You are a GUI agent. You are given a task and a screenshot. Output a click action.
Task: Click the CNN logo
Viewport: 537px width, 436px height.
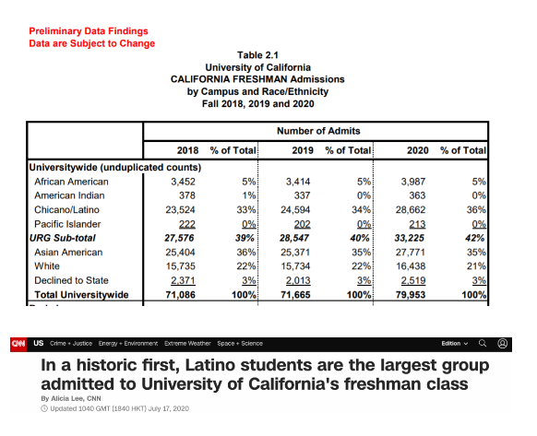coord(18,344)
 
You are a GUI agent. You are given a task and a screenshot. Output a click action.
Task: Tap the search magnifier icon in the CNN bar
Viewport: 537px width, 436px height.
coord(483,343)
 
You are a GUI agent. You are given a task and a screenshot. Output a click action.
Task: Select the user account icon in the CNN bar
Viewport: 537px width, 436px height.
coord(503,343)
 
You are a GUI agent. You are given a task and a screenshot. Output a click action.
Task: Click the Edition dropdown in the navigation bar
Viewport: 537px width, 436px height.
coord(455,343)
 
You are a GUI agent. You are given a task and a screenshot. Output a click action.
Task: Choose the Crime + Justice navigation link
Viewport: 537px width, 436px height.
coord(71,343)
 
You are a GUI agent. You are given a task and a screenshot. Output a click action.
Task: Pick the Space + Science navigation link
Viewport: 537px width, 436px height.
coord(240,343)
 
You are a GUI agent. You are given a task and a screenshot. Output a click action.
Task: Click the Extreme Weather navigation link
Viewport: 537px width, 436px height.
coord(187,343)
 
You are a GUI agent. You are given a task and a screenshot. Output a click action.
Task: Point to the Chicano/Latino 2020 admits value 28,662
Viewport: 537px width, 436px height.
coord(411,210)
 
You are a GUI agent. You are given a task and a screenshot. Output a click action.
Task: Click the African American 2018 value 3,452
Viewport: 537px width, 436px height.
coord(183,182)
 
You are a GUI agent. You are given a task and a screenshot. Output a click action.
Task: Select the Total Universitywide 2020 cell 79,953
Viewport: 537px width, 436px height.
coord(411,295)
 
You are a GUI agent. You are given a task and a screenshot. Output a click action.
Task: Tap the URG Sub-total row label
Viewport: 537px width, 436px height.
coord(63,238)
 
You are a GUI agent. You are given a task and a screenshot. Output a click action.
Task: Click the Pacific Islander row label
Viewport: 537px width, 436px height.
coord(67,224)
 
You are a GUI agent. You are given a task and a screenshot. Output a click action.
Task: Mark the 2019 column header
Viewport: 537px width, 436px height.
coord(303,150)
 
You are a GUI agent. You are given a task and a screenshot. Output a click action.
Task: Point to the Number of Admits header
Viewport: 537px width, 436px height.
coord(318,131)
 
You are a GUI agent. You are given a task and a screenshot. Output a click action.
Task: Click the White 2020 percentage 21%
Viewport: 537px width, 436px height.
coord(476,265)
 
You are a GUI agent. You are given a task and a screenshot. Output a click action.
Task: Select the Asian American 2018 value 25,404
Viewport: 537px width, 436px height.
coord(180,253)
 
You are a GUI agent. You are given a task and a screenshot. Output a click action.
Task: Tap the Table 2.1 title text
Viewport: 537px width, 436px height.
coord(257,55)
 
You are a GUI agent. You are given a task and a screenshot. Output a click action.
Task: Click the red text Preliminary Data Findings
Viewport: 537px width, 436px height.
coord(89,31)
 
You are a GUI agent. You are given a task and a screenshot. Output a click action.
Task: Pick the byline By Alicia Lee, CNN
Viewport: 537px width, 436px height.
coord(71,398)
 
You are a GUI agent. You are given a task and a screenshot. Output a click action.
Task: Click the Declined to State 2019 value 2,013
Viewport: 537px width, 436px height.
coord(298,280)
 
